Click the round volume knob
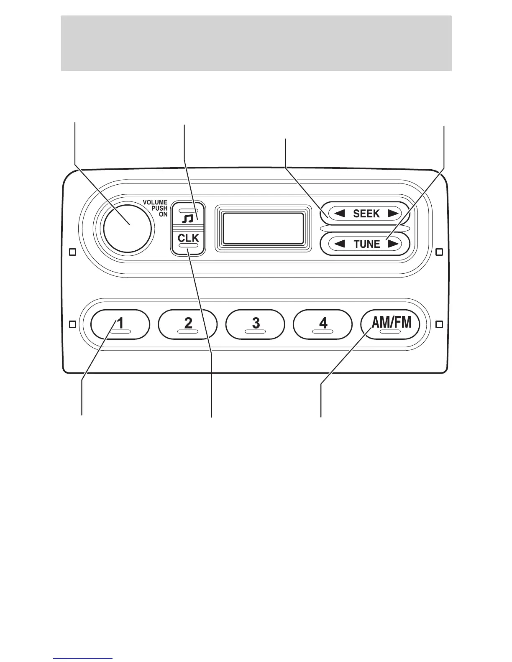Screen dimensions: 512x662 coord(127,228)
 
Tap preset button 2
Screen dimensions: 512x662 coord(188,324)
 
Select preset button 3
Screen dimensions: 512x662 coord(255,324)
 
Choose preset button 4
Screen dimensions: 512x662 coord(323,324)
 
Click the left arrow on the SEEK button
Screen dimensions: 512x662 coord(339,214)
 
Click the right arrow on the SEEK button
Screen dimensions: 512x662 coord(393,214)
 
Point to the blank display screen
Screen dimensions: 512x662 coord(263,228)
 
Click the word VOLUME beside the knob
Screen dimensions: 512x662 coord(155,203)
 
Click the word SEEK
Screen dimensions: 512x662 coord(366,214)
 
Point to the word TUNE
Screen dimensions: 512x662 coord(366,244)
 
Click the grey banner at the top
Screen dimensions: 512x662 coord(256,43)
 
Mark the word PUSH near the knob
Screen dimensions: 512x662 coord(159,209)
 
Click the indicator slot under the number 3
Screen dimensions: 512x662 coord(255,331)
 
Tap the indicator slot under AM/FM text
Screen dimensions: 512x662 coord(390,331)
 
